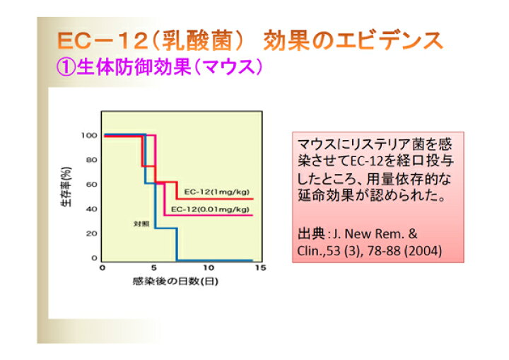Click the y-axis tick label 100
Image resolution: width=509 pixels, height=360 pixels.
89,135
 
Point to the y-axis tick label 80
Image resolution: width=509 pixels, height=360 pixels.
91,160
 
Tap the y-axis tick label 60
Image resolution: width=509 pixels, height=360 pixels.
91,185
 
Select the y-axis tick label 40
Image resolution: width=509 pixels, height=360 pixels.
91,209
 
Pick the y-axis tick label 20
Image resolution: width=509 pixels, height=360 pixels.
91,233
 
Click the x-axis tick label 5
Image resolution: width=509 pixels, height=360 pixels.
154,268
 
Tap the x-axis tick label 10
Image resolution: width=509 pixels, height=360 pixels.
209,268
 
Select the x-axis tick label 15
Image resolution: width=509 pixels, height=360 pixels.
261,268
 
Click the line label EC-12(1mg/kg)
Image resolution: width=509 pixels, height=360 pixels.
217,192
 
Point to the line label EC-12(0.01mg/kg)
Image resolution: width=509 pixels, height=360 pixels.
210,209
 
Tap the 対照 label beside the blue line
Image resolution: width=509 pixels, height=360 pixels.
141,223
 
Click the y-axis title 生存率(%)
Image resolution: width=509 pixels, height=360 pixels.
66,187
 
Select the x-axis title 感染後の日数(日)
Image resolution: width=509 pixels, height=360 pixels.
175,281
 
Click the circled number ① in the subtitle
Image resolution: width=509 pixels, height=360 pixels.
66,67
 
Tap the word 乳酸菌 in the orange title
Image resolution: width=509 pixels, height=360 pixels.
197,41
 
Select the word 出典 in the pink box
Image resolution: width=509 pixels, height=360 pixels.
311,234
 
